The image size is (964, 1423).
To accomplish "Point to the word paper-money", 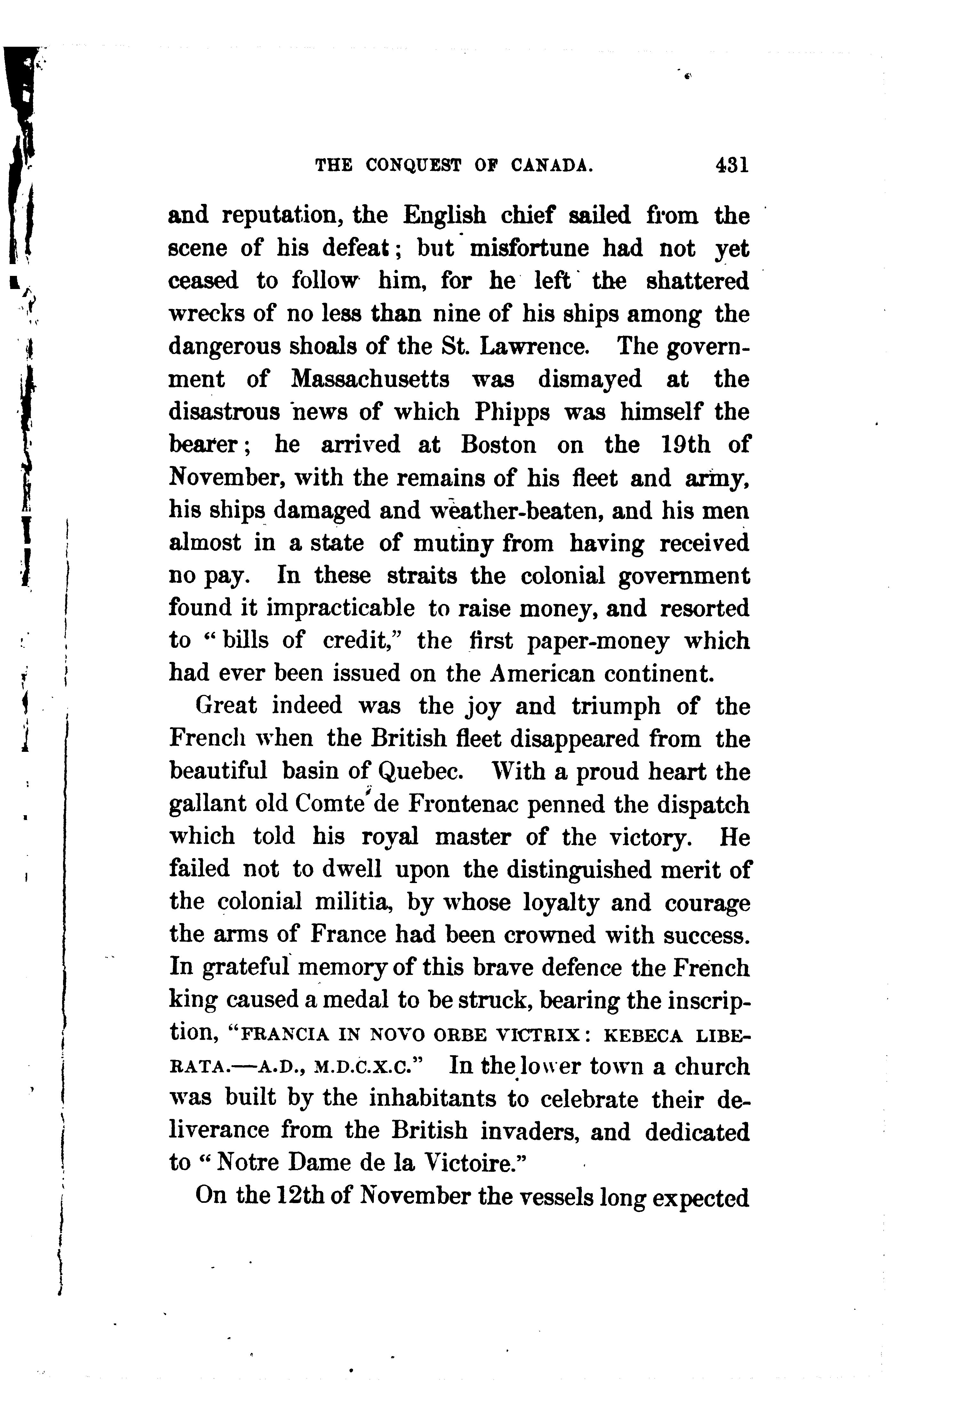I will click(x=597, y=641).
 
